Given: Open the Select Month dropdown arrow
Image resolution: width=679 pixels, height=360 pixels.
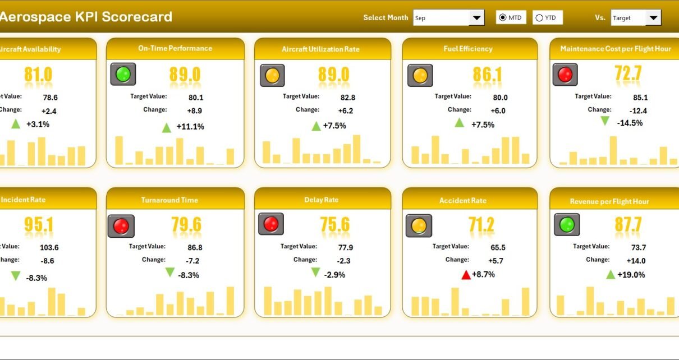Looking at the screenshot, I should (477, 18).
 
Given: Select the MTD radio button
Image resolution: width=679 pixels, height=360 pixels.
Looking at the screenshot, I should (503, 18).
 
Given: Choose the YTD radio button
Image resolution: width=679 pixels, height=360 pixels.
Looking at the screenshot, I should (539, 18).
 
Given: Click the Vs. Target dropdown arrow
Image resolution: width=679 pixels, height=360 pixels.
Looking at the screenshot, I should (653, 18).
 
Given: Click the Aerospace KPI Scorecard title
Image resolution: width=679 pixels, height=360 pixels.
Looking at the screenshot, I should (86, 17).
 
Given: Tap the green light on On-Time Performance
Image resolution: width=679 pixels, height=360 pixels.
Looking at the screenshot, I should (123, 75).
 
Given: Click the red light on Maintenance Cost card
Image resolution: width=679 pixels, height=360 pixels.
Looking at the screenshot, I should (565, 75).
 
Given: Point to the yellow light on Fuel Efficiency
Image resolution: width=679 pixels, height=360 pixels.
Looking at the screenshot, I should (419, 75).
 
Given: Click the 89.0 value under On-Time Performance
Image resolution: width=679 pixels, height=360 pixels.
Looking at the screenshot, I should (185, 75).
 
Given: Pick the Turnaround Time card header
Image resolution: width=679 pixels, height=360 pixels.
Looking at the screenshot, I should (169, 200).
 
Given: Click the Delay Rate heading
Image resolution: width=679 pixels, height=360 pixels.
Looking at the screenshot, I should (322, 200).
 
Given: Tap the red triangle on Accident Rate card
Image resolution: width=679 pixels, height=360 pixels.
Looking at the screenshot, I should (466, 275).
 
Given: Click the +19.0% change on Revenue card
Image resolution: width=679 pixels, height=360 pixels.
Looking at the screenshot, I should (631, 275).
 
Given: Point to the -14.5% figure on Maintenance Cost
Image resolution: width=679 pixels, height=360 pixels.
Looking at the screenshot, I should (629, 123).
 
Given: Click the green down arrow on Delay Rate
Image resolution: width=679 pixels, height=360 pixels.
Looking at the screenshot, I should (315, 273).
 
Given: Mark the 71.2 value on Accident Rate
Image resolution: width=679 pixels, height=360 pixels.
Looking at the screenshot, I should (481, 225).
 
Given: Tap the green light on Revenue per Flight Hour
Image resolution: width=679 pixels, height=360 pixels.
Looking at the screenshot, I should (567, 225).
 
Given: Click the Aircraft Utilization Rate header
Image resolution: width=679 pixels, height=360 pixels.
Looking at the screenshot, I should (320, 49).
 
